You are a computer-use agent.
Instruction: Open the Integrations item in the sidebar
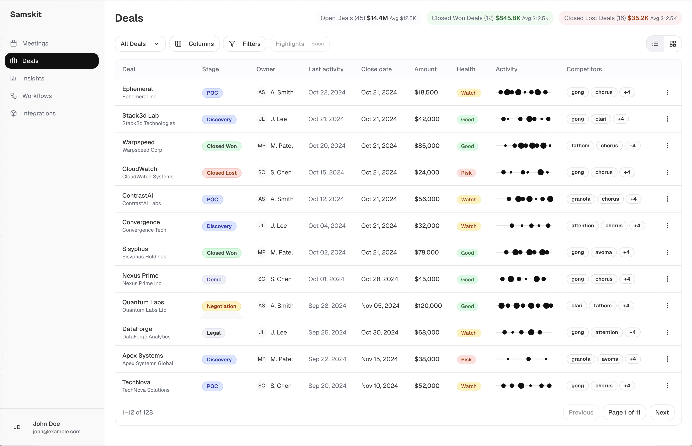click(x=39, y=113)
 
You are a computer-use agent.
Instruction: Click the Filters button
click(x=244, y=44)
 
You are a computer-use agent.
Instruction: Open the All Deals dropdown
click(x=140, y=44)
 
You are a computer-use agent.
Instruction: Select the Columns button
click(x=194, y=44)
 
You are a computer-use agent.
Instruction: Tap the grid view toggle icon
click(x=673, y=44)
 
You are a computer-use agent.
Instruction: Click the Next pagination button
click(x=662, y=412)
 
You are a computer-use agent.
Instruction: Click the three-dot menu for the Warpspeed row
click(x=667, y=146)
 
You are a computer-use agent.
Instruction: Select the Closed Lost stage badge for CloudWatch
click(x=222, y=173)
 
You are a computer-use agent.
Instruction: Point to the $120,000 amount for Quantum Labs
click(x=428, y=306)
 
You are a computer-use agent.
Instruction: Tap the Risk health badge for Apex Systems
click(x=466, y=360)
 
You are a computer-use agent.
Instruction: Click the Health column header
click(x=466, y=69)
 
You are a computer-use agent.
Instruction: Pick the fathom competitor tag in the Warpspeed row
click(x=580, y=146)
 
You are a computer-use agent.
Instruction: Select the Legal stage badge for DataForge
click(x=213, y=333)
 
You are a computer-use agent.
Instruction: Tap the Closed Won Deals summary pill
click(x=490, y=18)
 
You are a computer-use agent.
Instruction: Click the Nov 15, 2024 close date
click(x=379, y=359)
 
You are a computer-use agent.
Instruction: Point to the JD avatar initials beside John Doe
click(x=17, y=427)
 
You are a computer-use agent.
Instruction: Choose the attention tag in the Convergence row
click(x=582, y=226)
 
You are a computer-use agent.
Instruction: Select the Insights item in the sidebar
click(x=33, y=78)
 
